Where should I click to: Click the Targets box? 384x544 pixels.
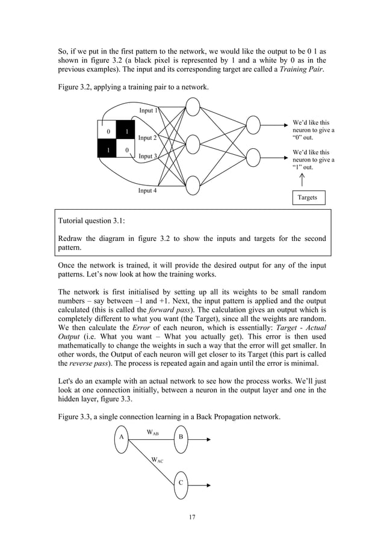[x=308, y=198]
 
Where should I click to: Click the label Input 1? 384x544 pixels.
[x=149, y=111]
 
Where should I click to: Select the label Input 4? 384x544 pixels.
[x=147, y=191]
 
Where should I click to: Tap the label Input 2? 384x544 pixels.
[x=147, y=138]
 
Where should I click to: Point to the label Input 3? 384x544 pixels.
[x=148, y=157]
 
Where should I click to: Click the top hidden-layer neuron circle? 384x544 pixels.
[x=192, y=107]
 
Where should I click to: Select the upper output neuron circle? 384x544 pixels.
[x=253, y=126]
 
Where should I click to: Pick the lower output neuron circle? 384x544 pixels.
[x=253, y=158]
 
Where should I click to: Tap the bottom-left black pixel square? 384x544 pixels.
[x=108, y=149]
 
